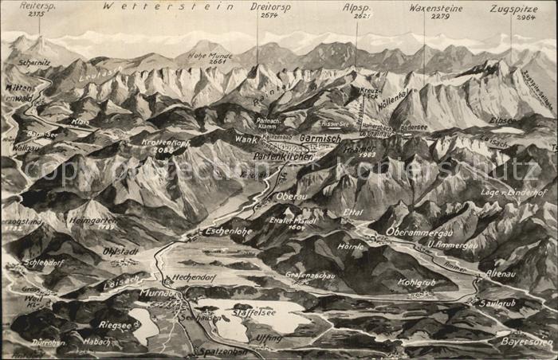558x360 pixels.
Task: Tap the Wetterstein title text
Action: point(168,6)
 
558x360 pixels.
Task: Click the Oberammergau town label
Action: point(420,232)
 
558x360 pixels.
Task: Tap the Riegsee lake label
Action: point(115,324)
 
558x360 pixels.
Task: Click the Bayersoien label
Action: point(527,341)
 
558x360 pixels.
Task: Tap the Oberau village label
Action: point(292,196)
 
